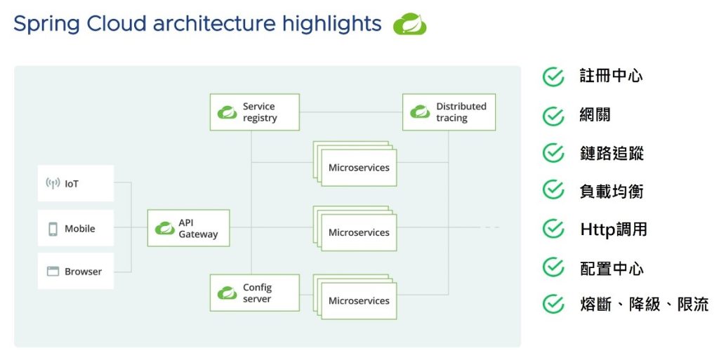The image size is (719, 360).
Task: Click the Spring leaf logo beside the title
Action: (409, 25)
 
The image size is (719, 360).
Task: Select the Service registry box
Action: (254, 112)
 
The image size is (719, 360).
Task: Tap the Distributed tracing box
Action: (449, 112)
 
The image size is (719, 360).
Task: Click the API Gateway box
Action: (188, 228)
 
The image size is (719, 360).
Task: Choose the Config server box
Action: (254, 293)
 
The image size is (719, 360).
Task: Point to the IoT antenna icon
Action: (53, 184)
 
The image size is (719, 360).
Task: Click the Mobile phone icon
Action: (53, 229)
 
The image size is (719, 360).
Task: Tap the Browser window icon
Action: (53, 272)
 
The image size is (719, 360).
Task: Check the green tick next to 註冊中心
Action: (553, 76)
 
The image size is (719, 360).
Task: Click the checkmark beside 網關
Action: (553, 115)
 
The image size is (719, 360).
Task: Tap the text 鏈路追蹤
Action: (612, 153)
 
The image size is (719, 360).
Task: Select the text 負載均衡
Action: (612, 192)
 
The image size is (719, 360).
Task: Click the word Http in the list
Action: (597, 229)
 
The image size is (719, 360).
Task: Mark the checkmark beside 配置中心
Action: (553, 267)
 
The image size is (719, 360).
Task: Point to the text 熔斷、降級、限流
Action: (644, 305)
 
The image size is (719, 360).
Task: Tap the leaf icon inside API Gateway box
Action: (165, 228)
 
